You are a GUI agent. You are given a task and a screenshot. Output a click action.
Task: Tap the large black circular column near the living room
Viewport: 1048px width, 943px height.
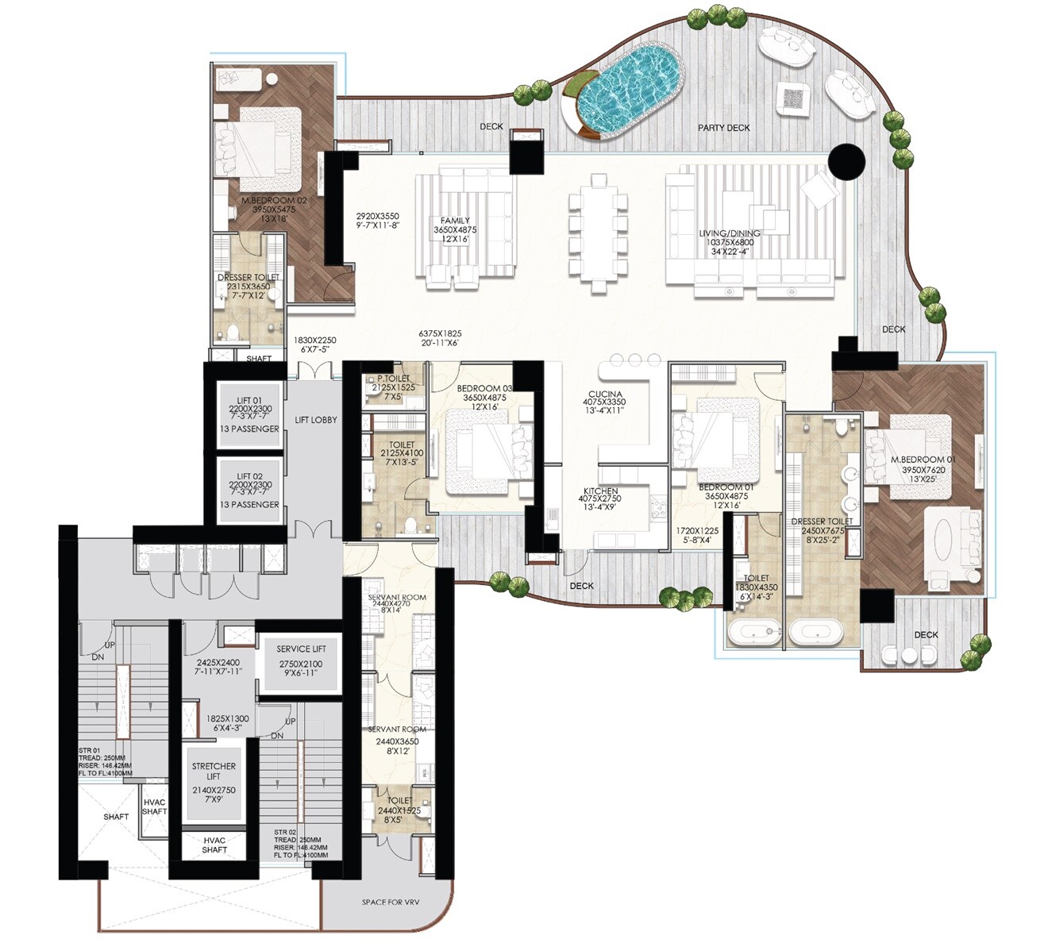[x=846, y=162]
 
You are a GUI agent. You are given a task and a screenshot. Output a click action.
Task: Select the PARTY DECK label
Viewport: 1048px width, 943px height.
[x=723, y=128]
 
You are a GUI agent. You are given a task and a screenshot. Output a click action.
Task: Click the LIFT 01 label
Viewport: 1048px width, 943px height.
[x=249, y=401]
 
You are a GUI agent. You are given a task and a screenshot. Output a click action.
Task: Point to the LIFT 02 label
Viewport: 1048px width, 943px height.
[x=249, y=476]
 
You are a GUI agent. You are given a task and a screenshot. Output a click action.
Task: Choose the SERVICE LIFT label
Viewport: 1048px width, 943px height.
[x=300, y=649]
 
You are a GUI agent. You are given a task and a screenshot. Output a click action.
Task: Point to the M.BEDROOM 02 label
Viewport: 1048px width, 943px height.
[x=273, y=201]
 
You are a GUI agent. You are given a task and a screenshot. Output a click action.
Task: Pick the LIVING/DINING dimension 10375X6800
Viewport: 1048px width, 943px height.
[x=729, y=243]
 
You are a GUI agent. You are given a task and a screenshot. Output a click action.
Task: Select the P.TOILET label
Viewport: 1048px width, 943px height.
[x=392, y=379]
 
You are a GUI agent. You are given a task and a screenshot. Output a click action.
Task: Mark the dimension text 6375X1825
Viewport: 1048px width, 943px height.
[x=440, y=334]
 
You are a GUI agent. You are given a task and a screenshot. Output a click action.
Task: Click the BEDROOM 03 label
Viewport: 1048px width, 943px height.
[x=484, y=387]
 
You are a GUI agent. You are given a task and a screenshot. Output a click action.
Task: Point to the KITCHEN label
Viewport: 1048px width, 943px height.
[x=601, y=491]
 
